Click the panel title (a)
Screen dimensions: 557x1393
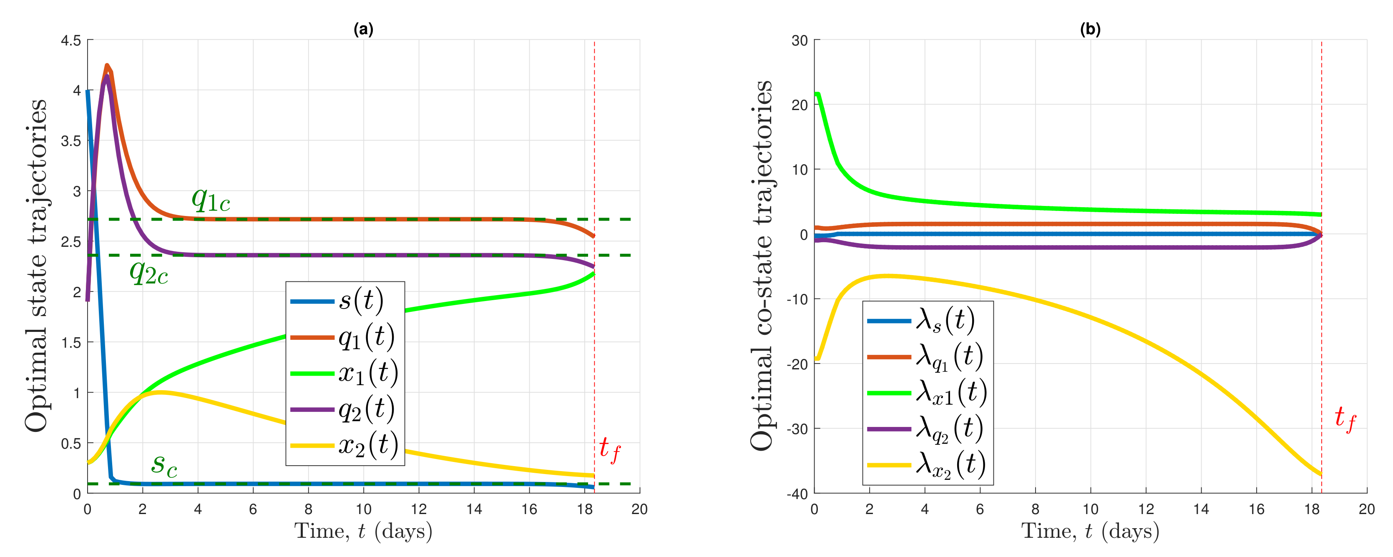click(363, 29)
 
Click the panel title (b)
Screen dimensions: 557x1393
click(1090, 29)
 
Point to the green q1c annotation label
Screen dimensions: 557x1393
click(211, 200)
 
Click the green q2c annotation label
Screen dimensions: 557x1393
click(149, 272)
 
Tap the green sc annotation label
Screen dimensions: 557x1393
click(164, 464)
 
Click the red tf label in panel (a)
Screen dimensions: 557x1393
click(609, 449)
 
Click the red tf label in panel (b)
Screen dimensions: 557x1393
click(1345, 418)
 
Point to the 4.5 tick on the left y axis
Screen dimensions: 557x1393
click(70, 40)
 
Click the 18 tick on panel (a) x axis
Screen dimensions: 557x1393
click(585, 509)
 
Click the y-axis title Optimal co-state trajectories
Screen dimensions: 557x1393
click(762, 265)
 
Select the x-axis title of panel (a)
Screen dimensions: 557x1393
click(363, 531)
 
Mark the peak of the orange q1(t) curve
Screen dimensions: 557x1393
click(106, 65)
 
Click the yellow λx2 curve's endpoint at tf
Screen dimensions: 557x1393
click(1320, 474)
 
